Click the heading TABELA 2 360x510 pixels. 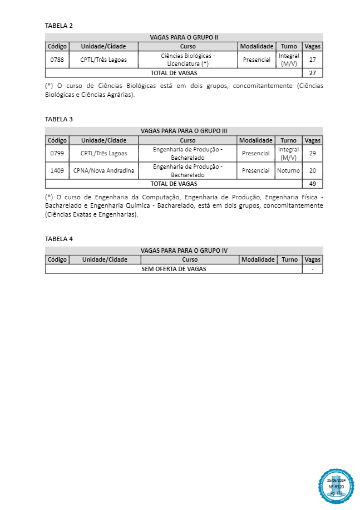coord(58,26)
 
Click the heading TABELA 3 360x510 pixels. coord(58,119)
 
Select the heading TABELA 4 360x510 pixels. coord(58,239)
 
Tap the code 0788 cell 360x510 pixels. coord(57,60)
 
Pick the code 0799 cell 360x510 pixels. coord(57,153)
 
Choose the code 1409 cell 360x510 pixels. coord(57,170)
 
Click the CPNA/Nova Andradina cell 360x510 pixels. coord(103,170)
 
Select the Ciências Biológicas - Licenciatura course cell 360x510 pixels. coord(188,60)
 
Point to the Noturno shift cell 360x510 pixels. coord(288,170)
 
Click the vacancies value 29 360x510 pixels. coord(312,153)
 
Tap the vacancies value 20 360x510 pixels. coord(312,170)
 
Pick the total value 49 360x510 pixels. coord(312,184)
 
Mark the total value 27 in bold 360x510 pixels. coord(312,73)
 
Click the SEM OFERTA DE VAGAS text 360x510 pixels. coord(174,269)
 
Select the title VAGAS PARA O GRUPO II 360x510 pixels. coord(184,37)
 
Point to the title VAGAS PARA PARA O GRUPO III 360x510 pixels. coord(184,131)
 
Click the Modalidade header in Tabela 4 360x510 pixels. coord(258,259)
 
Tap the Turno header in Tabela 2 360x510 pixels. coord(289,46)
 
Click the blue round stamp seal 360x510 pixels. coord(336,486)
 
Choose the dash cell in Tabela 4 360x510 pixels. coord(313,269)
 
